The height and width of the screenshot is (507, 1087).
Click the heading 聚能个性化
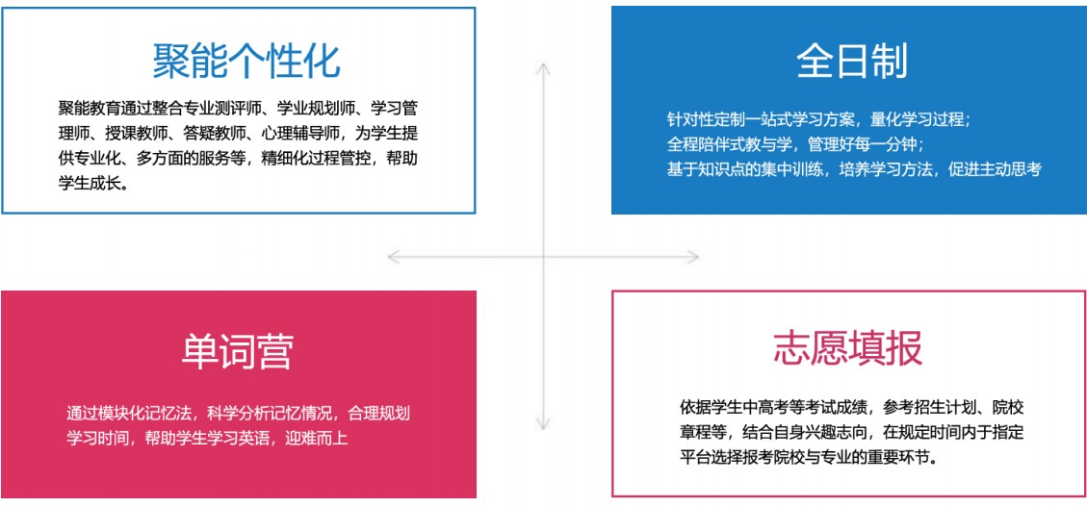click(x=246, y=61)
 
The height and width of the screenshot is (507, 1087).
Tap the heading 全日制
click(x=852, y=61)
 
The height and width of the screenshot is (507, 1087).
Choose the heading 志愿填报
click(x=848, y=347)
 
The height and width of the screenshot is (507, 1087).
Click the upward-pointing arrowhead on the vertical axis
click(x=543, y=68)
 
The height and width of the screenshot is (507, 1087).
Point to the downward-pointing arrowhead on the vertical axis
click(x=543, y=424)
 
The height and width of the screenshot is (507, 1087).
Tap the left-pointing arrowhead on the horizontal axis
click(x=394, y=257)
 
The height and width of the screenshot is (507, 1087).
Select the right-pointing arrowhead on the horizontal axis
click(x=692, y=257)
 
